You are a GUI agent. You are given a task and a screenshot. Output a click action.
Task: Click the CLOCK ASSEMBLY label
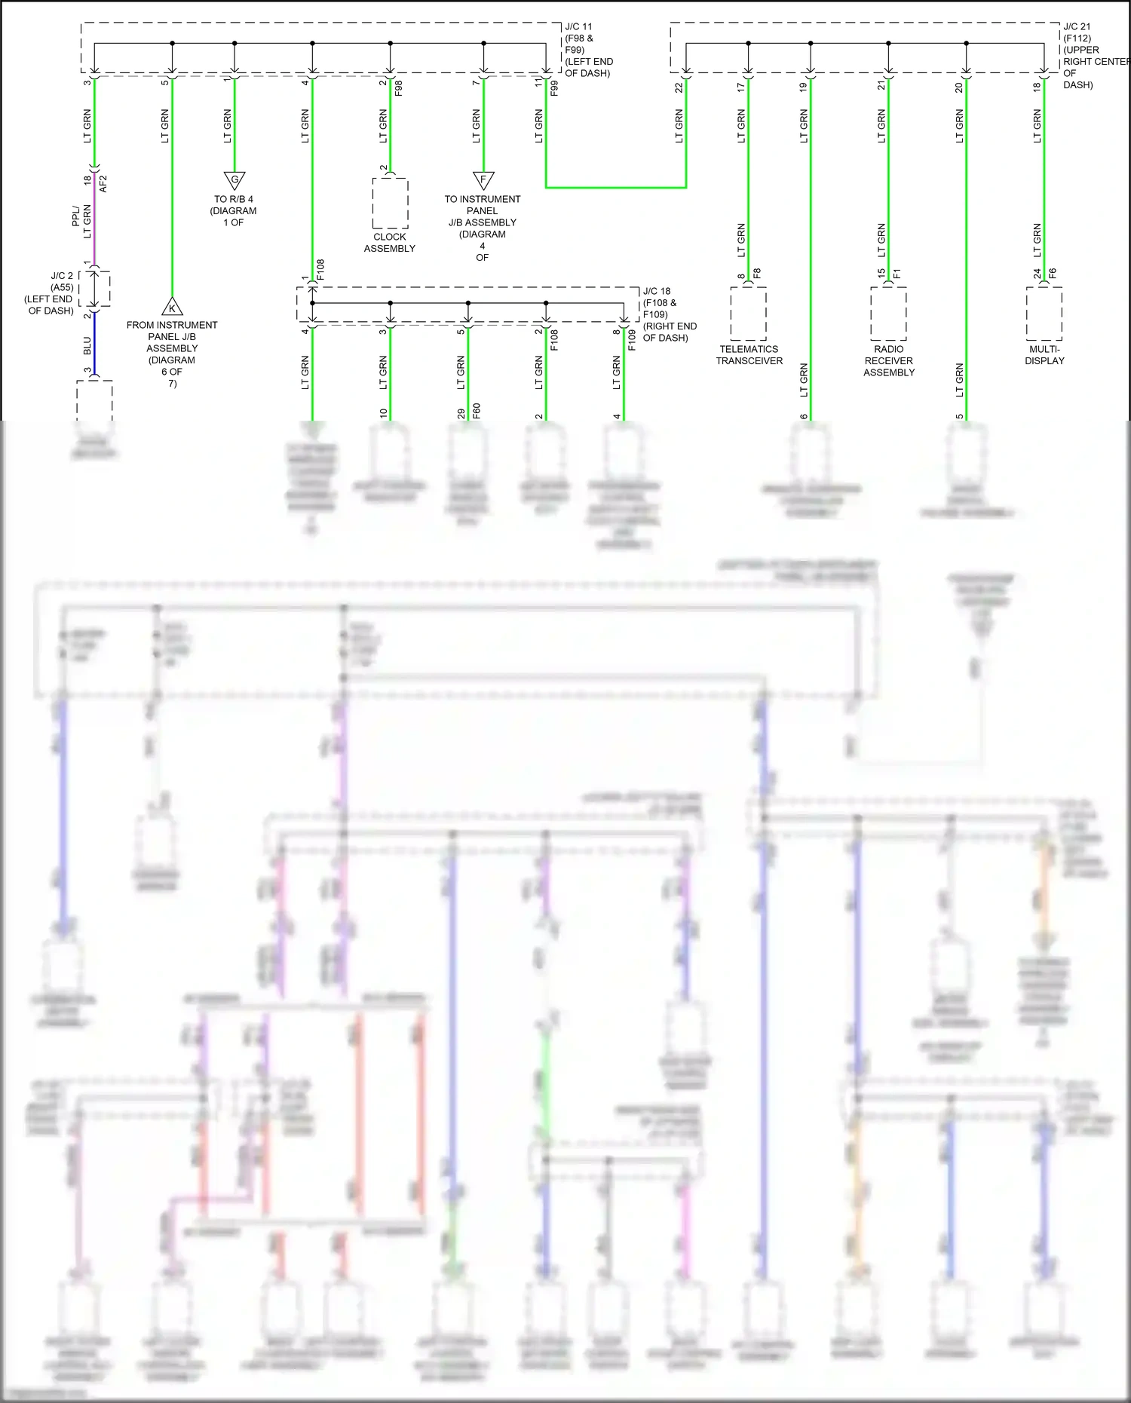pyautogui.click(x=389, y=243)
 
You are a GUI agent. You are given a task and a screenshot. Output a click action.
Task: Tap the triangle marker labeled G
pyautogui.click(x=234, y=180)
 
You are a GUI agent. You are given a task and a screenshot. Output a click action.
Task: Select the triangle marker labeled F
pyautogui.click(x=483, y=180)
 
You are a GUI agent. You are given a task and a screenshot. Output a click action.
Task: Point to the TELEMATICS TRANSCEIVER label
pyautogui.click(x=749, y=355)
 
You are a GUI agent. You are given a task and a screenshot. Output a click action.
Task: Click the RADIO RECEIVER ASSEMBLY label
pyautogui.click(x=888, y=360)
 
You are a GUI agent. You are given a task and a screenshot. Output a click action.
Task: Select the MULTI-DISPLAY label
pyautogui.click(x=1044, y=355)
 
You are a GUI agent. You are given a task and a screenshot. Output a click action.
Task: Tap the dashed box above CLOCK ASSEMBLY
pyautogui.click(x=390, y=204)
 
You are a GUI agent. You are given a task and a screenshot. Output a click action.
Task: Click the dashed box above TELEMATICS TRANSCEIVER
pyautogui.click(x=748, y=314)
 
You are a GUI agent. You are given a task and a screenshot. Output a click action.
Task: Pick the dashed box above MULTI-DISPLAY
pyautogui.click(x=1044, y=314)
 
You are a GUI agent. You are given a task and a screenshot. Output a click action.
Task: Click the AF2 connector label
pyautogui.click(x=104, y=183)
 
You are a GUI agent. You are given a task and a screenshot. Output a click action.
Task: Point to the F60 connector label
pyautogui.click(x=477, y=411)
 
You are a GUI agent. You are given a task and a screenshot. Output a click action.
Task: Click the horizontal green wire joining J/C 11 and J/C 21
pyautogui.click(x=615, y=187)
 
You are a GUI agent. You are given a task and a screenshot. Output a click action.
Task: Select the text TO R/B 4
pyautogui.click(x=234, y=200)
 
